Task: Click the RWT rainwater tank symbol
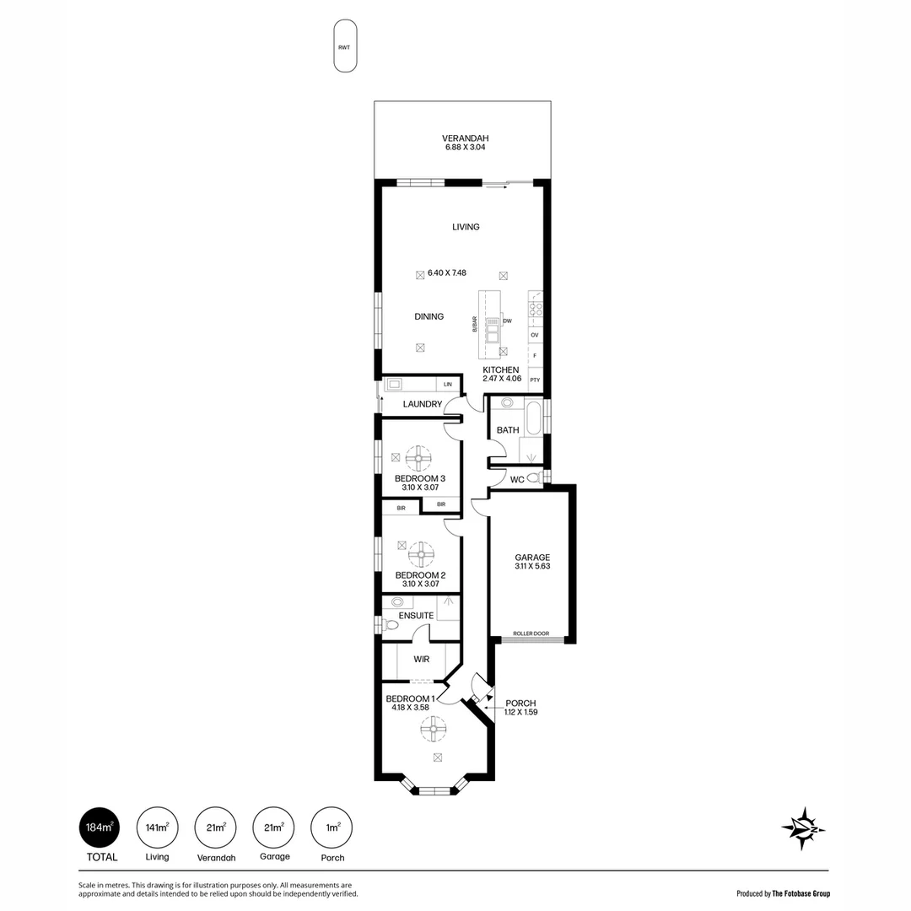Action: pyautogui.click(x=343, y=47)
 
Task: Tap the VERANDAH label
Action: pyautogui.click(x=465, y=139)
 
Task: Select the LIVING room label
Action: pyautogui.click(x=465, y=227)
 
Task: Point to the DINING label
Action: pyautogui.click(x=429, y=317)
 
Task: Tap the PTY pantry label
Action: pyautogui.click(x=535, y=380)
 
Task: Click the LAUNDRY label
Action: pyautogui.click(x=422, y=404)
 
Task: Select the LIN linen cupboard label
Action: pyautogui.click(x=448, y=385)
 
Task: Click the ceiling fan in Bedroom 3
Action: pyautogui.click(x=419, y=459)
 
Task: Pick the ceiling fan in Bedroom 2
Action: pyautogui.click(x=421, y=555)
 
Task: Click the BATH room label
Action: pyautogui.click(x=508, y=430)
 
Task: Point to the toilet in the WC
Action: pyautogui.click(x=533, y=478)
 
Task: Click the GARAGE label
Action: pyautogui.click(x=532, y=558)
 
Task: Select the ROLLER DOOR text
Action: pyautogui.click(x=531, y=633)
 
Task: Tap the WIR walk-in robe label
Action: pyautogui.click(x=423, y=660)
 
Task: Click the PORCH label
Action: pyautogui.click(x=520, y=703)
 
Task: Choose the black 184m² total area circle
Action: pyautogui.click(x=99, y=827)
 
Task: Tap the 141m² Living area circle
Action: pyautogui.click(x=156, y=827)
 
